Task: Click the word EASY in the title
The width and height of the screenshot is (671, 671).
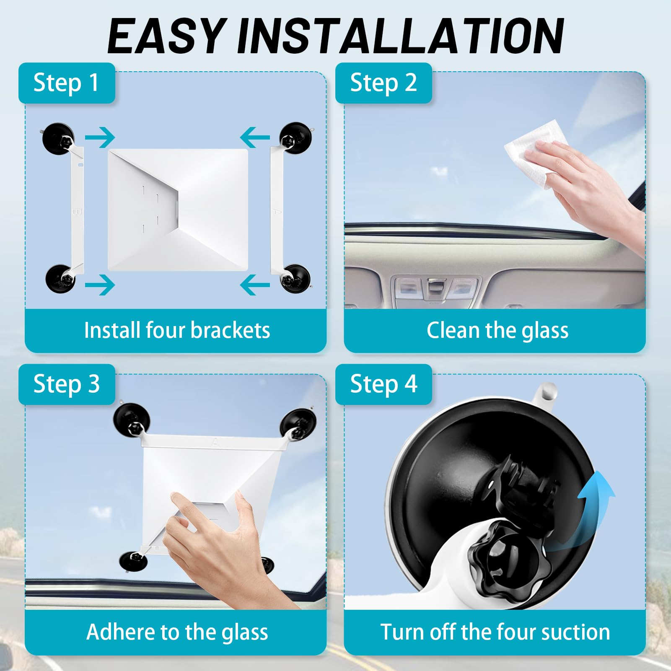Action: coord(165,37)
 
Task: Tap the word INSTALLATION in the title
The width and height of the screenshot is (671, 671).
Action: coord(400,37)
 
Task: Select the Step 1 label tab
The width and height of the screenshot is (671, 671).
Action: coord(66,83)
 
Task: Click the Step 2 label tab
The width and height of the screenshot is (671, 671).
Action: coord(383,83)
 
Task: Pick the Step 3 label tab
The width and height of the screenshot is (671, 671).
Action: coord(66,384)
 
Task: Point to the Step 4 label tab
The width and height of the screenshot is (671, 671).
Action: coord(383,384)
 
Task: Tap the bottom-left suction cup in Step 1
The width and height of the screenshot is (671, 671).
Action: coord(60,278)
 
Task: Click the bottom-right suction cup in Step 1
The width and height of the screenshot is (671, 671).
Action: coord(295,278)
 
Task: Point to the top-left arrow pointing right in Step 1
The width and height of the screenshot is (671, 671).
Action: coord(100,137)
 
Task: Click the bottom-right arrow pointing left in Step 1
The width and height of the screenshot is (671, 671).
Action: coord(255,285)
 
